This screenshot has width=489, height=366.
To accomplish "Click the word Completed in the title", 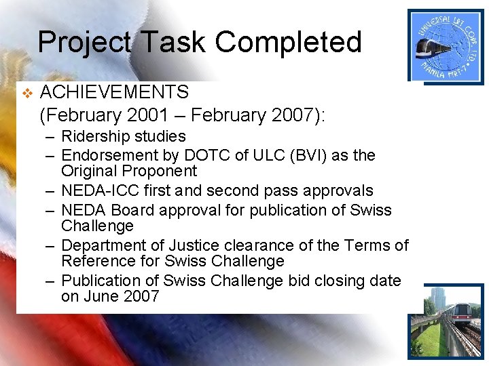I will [289, 42].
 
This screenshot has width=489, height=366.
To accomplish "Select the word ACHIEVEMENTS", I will [115, 91].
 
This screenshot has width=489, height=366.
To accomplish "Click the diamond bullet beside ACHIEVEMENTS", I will [26, 92].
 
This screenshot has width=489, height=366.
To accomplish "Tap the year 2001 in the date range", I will [160, 115].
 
